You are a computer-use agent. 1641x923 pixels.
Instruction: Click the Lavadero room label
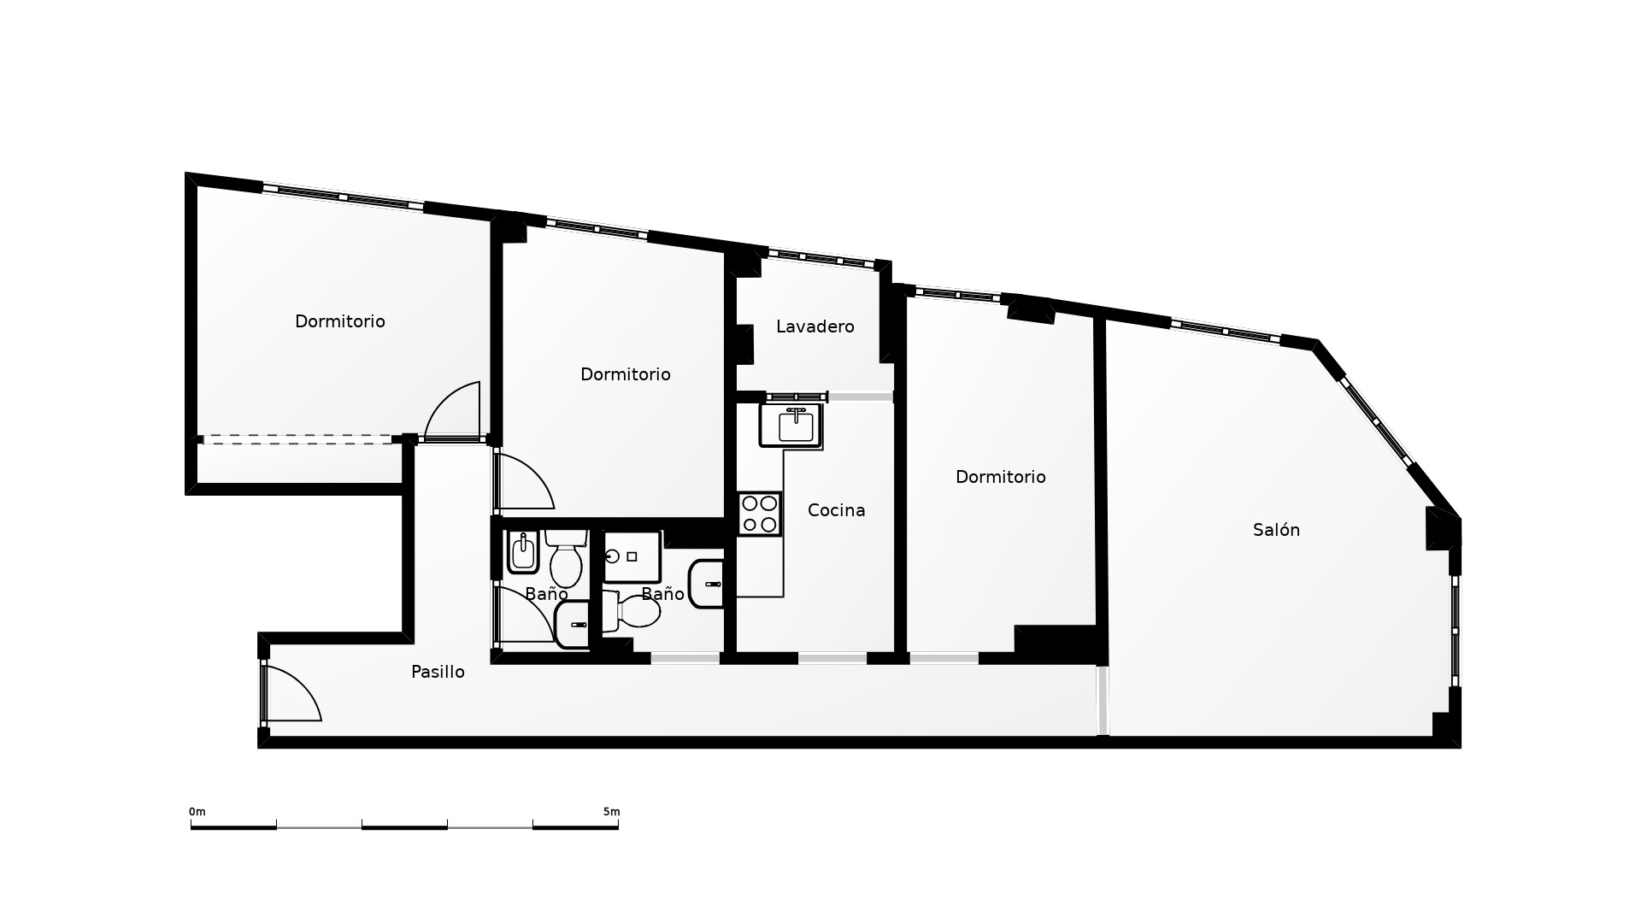[815, 326]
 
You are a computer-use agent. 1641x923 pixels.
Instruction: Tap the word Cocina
[837, 510]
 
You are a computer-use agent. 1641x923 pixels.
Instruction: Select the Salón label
[1277, 530]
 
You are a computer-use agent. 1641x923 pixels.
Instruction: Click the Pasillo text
[438, 672]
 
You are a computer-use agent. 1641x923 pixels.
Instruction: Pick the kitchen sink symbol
[791, 426]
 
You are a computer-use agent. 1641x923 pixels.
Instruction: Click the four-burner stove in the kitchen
[760, 514]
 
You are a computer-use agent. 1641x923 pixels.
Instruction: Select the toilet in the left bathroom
[566, 557]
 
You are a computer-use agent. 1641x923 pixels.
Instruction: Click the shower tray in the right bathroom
[632, 557]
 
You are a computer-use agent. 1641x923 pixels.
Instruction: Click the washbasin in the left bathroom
[573, 625]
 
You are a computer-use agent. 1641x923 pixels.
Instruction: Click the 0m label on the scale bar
[197, 812]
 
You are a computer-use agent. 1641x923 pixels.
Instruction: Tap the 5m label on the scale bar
[611, 812]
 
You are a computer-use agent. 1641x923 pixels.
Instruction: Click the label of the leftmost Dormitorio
[340, 321]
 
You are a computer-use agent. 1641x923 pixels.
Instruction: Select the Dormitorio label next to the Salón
[1001, 477]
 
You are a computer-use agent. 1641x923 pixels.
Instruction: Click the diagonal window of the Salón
[1377, 421]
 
